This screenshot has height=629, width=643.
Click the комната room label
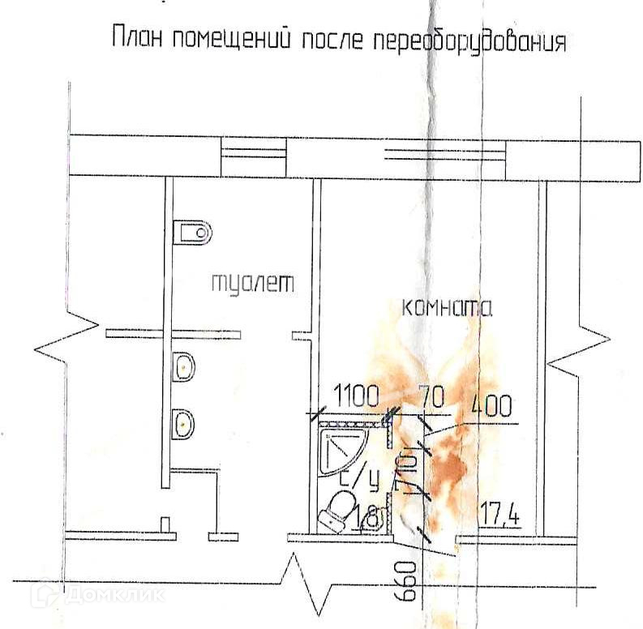(x=447, y=308)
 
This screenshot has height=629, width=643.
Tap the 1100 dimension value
(x=354, y=396)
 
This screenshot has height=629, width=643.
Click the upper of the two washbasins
(x=184, y=367)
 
